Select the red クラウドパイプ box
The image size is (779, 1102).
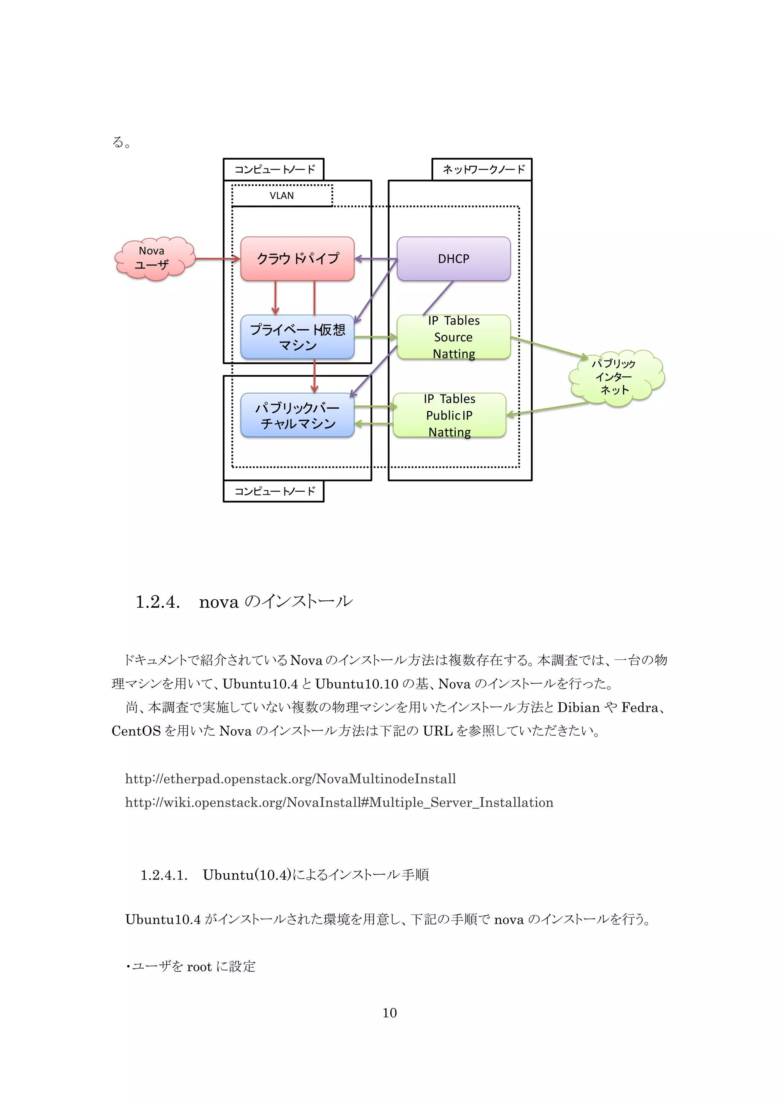297,259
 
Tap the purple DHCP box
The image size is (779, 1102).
453,259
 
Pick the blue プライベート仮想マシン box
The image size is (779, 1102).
297,337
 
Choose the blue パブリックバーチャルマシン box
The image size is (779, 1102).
297,415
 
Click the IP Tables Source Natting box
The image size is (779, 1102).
453,337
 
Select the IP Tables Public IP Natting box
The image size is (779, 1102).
449,415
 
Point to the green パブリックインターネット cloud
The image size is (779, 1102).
615,378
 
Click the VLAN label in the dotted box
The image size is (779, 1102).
282,195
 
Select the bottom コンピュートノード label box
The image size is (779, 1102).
273,491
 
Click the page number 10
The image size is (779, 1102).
389,1012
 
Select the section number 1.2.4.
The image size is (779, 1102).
158,602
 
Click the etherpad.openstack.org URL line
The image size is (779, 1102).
290,778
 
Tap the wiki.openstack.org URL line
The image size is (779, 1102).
339,802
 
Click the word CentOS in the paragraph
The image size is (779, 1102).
136,731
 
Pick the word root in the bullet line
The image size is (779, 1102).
199,966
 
